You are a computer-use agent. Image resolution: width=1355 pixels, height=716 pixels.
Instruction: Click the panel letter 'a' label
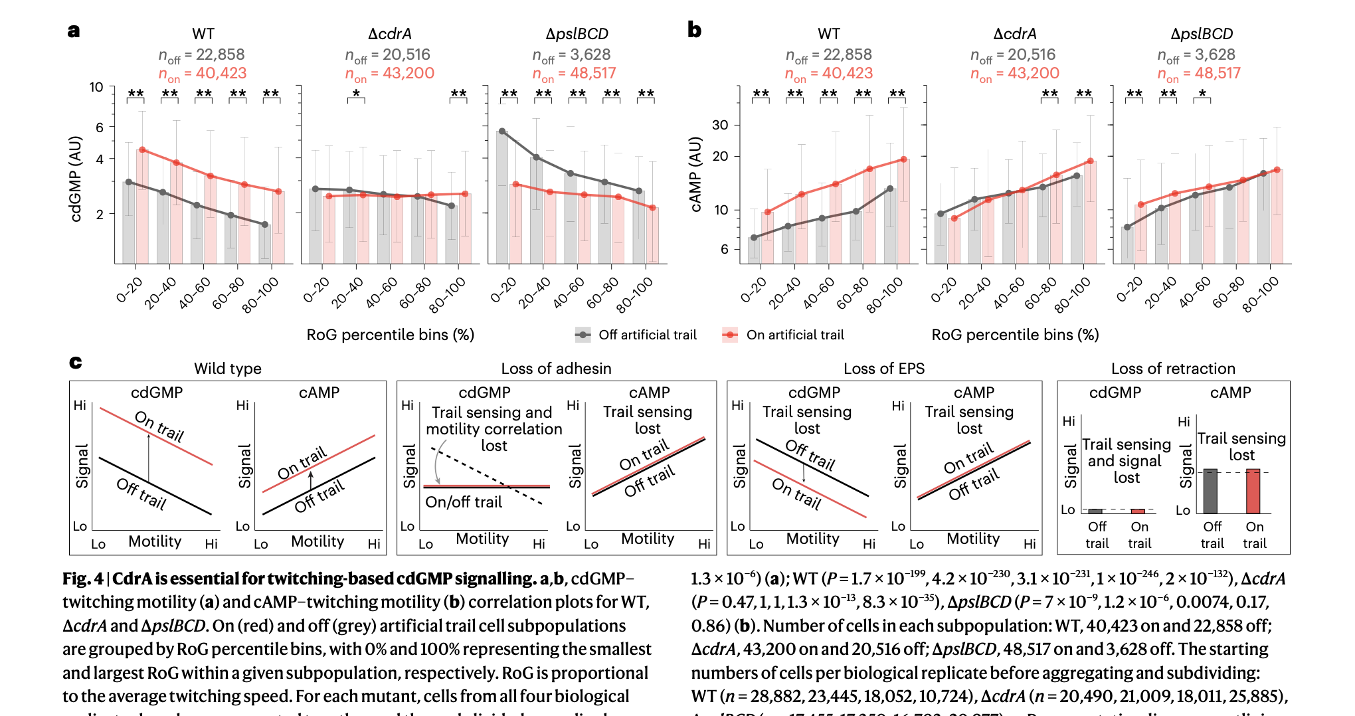click(x=74, y=31)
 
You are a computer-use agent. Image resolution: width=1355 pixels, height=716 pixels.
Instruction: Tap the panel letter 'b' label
click(x=694, y=30)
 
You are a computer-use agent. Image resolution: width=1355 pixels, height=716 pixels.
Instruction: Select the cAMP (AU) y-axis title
click(x=695, y=175)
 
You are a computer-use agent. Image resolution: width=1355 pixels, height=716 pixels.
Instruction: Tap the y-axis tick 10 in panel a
click(x=96, y=87)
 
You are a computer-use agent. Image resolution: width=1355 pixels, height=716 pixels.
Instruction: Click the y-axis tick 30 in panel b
click(x=720, y=125)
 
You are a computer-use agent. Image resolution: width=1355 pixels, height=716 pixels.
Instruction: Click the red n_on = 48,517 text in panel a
click(x=574, y=74)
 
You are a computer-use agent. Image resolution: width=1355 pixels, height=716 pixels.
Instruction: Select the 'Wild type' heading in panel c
click(x=227, y=369)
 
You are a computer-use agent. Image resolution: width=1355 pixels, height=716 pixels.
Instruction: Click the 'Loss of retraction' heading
click(x=1173, y=369)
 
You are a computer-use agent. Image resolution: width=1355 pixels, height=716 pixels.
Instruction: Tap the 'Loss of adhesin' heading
click(x=556, y=369)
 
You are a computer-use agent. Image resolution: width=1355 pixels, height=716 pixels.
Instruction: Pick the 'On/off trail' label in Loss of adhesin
click(x=464, y=502)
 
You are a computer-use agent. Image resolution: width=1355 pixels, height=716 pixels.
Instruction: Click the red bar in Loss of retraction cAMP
click(x=1253, y=492)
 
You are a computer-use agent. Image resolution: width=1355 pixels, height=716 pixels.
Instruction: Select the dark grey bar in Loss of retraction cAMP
click(x=1210, y=492)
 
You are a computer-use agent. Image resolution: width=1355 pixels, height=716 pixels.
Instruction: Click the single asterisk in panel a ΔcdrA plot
click(x=356, y=94)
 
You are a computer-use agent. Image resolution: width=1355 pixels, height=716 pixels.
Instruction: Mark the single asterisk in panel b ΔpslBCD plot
click(x=1202, y=94)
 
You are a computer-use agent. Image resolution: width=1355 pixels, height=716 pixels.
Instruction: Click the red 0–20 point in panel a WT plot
click(x=142, y=150)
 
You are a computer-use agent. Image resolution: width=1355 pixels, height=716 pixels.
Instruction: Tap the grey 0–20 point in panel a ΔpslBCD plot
click(x=502, y=132)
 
